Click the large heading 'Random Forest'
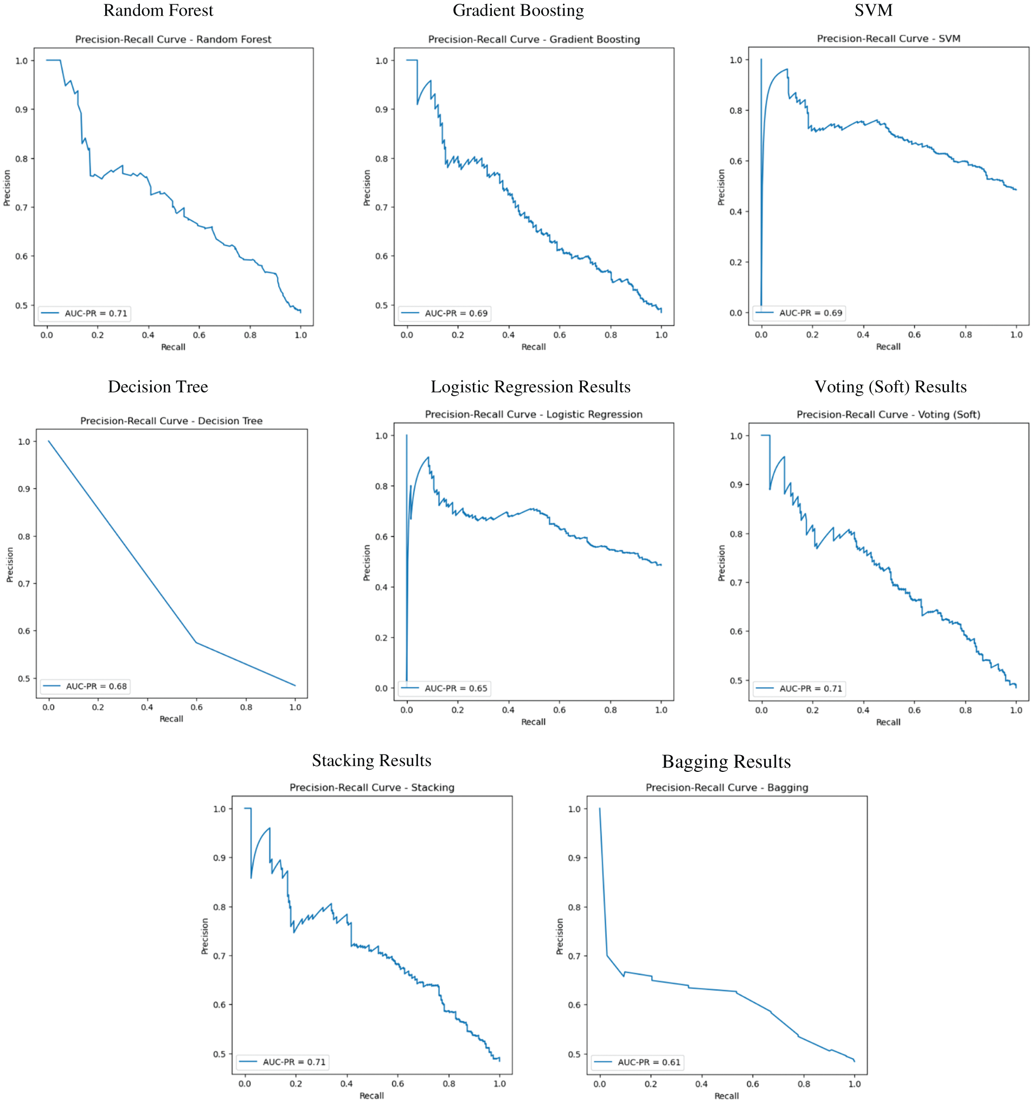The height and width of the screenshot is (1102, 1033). click(x=158, y=10)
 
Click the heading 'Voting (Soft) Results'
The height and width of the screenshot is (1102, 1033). click(x=890, y=386)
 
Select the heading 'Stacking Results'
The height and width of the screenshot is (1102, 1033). click(x=371, y=761)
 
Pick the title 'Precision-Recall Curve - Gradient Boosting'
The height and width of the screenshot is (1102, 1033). click(x=534, y=40)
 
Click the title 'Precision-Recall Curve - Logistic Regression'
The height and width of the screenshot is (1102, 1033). click(x=534, y=414)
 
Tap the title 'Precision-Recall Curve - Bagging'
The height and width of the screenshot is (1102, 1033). click(x=727, y=787)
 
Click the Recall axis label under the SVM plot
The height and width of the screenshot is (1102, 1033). click(x=888, y=346)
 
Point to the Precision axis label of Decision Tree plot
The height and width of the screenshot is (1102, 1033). click(x=9, y=564)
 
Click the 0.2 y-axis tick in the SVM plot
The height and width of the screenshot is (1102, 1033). click(x=735, y=262)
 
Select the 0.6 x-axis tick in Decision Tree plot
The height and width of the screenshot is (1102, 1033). click(x=196, y=707)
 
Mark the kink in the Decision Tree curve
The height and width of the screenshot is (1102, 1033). click(x=196, y=642)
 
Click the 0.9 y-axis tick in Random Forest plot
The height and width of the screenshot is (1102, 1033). click(x=21, y=109)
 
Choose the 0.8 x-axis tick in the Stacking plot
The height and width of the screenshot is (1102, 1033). click(x=448, y=1084)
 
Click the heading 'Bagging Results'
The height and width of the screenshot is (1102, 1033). click(x=726, y=762)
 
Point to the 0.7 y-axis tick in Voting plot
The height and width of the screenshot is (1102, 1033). click(x=736, y=583)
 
